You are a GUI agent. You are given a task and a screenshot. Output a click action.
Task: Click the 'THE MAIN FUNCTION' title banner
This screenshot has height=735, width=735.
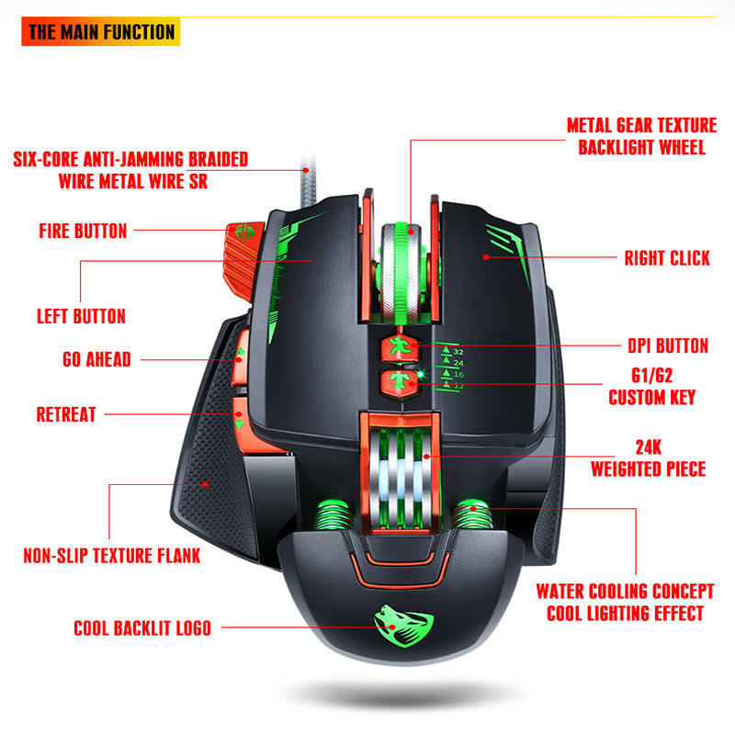point(100,32)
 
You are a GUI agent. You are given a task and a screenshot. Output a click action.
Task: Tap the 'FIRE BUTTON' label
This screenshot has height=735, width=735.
point(83,231)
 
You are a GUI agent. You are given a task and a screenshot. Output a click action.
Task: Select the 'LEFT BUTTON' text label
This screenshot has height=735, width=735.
point(81,316)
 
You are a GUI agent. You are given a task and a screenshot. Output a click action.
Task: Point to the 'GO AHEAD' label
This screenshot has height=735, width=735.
point(84,359)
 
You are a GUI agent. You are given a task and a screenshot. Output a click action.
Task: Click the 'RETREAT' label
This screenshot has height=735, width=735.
point(66,414)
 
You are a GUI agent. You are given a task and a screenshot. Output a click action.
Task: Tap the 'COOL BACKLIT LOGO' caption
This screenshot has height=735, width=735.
point(142,629)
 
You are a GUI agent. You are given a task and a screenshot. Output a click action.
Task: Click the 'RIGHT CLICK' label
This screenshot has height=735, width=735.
point(667,258)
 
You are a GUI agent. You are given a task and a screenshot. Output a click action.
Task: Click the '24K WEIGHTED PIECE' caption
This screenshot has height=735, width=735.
point(648,458)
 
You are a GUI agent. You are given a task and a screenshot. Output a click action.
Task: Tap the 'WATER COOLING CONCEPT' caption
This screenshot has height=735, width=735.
point(625,592)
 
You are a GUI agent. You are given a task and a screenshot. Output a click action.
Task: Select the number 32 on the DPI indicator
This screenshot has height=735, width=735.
point(458,351)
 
